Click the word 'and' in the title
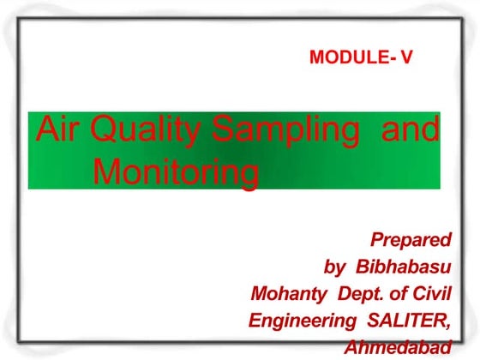click(x=409, y=130)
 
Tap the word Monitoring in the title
click(x=175, y=172)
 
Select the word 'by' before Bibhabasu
click(x=335, y=267)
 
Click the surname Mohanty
click(x=289, y=294)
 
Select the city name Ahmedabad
click(x=397, y=348)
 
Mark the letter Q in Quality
click(x=102, y=131)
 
